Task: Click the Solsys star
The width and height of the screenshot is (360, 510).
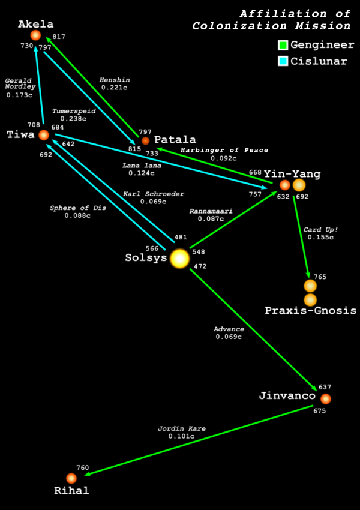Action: [179, 259]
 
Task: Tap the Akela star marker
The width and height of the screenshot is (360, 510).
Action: [35, 35]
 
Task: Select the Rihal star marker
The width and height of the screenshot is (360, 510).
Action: [71, 478]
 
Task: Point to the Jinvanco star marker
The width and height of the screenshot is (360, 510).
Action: [325, 399]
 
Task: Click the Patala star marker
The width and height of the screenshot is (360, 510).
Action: [145, 141]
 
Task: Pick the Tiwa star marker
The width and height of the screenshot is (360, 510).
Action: [44, 135]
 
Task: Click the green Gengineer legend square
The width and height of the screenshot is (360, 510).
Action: [283, 45]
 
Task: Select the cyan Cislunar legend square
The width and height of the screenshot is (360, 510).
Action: [283, 61]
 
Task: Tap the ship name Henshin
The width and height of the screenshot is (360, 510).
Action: [115, 80]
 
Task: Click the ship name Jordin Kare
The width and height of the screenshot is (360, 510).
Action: [182, 428]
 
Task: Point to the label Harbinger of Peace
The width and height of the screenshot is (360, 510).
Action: [224, 150]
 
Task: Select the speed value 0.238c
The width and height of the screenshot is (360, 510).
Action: [73, 119]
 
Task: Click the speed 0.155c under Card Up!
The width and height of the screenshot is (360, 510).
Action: [320, 237]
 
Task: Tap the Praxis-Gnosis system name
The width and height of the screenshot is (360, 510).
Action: [311, 310]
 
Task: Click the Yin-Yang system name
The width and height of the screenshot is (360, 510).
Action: [292, 174]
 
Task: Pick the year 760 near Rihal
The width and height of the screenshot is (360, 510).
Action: [83, 468]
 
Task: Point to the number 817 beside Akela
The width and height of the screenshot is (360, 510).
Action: [59, 37]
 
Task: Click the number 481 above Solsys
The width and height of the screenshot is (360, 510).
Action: [181, 237]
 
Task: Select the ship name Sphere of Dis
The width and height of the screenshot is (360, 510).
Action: [78, 208]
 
